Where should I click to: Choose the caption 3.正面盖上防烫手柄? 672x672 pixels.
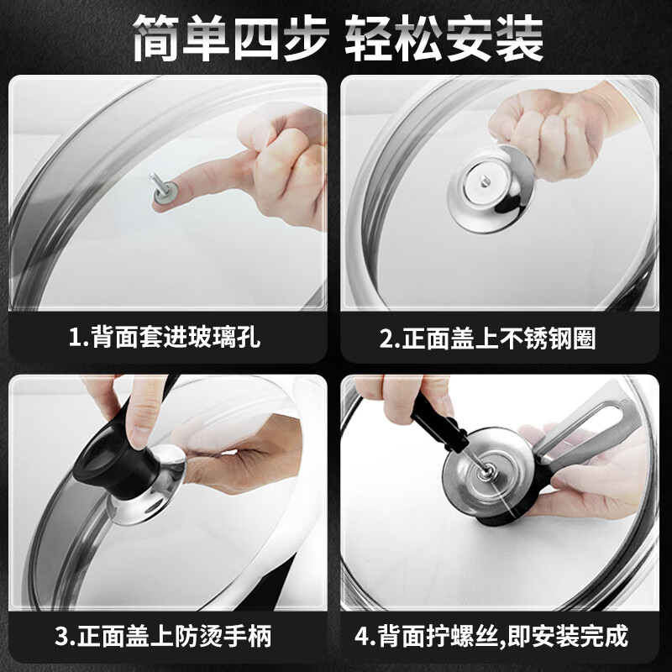(165, 635)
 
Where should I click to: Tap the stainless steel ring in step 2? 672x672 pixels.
(486, 189)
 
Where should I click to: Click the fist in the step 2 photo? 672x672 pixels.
(538, 126)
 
